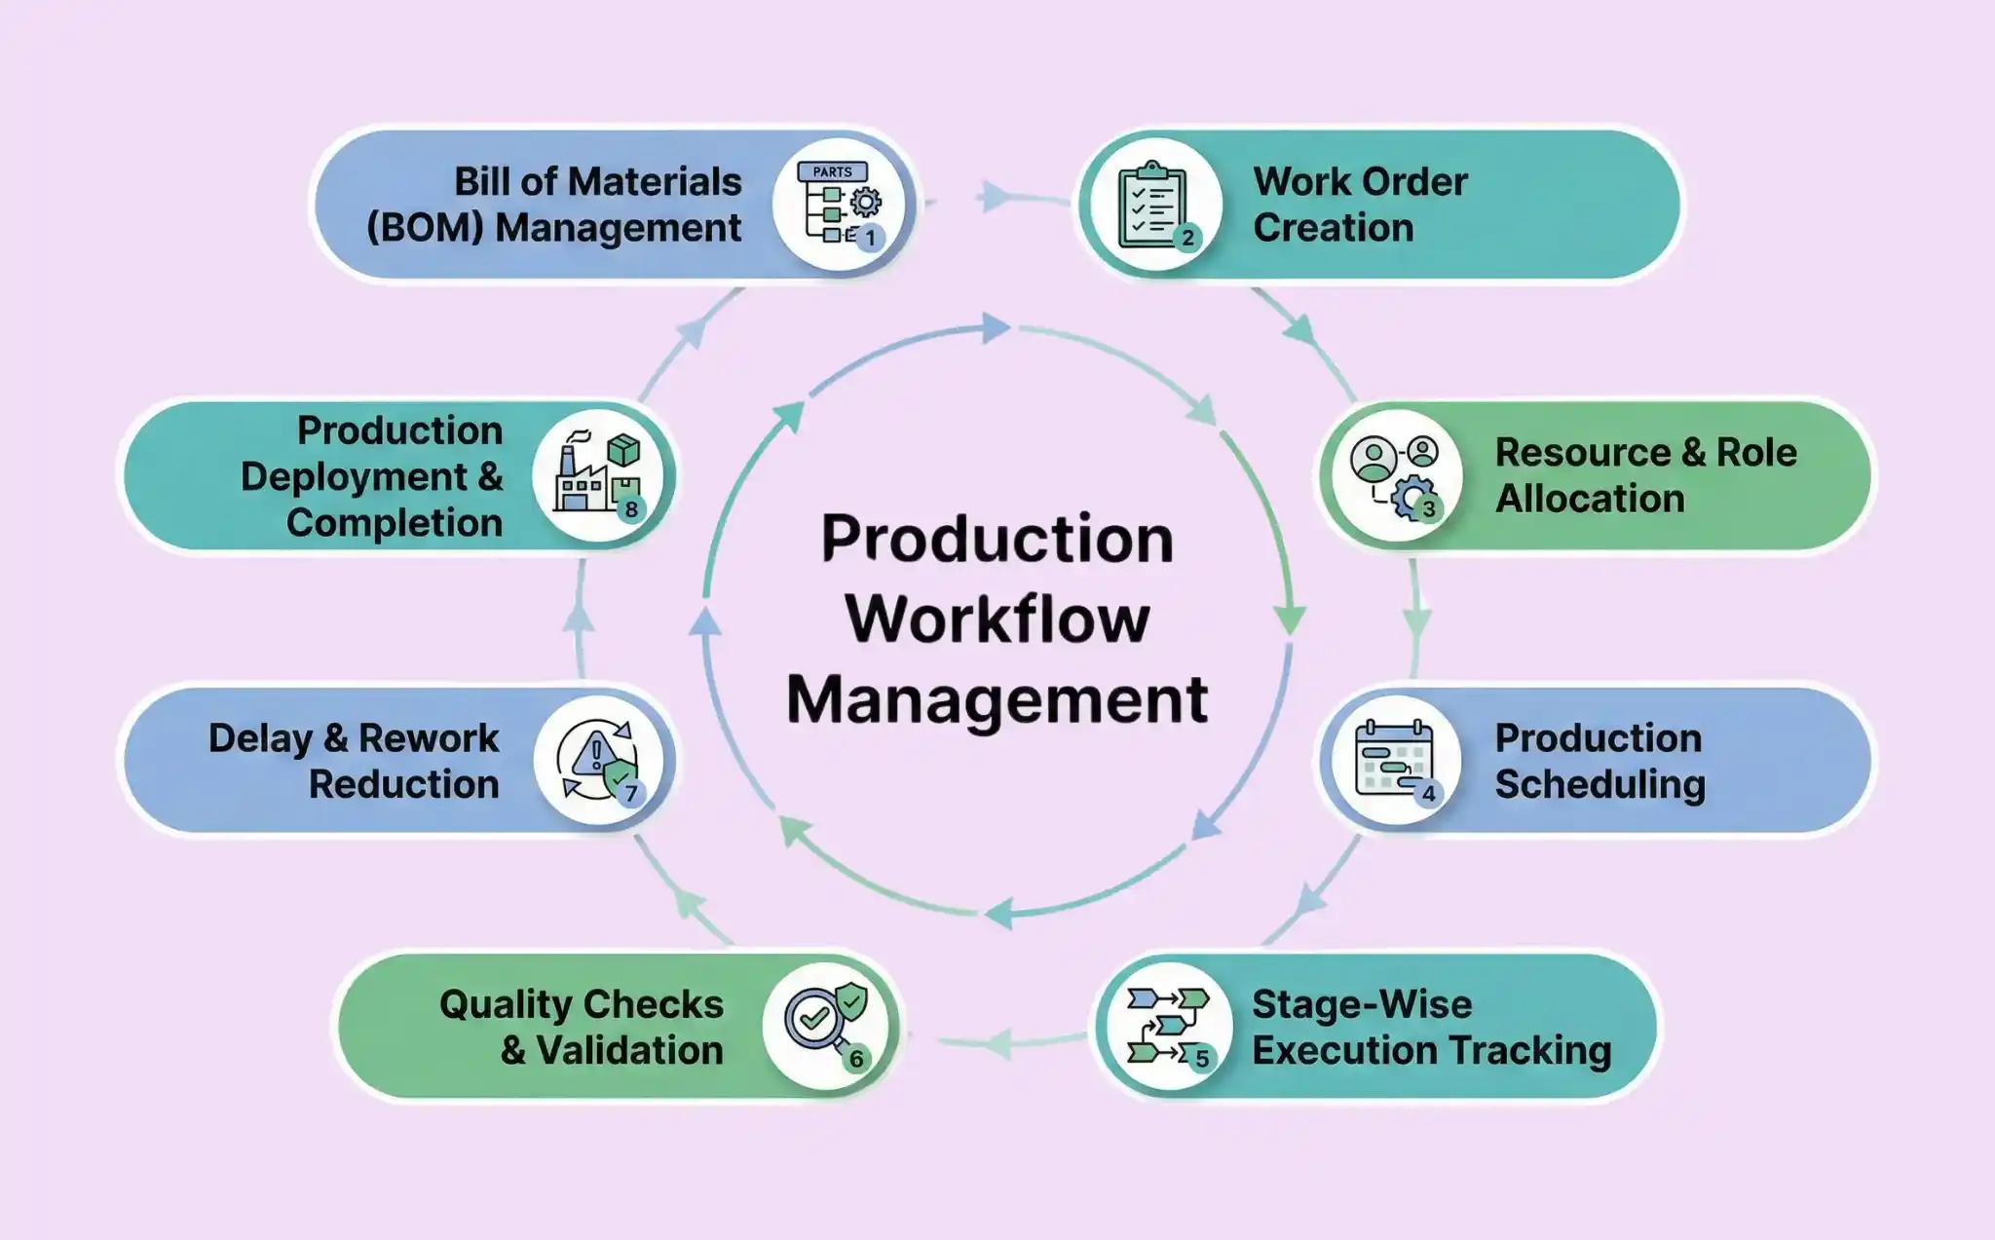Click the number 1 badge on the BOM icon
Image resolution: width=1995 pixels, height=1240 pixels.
coord(870,237)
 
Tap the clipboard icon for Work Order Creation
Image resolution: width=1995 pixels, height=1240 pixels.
coord(1151,206)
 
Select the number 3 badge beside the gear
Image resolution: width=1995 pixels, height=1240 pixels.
coord(1429,508)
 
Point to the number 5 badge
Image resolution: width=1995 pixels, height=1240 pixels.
coord(1202,1058)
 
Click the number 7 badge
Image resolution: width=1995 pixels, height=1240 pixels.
coord(631,794)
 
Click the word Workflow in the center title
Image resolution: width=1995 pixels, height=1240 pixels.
coord(997,619)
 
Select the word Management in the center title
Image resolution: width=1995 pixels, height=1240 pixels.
coord(997,699)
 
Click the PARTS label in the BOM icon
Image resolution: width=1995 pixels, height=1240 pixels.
coord(832,171)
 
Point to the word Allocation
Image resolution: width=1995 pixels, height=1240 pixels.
coord(1590,499)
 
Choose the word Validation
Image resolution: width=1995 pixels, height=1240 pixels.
coord(630,1051)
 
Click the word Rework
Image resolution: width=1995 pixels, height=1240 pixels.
coord(429,738)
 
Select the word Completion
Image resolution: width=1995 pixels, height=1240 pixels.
coord(395,523)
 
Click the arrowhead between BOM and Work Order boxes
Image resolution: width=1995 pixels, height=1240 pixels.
coord(995,197)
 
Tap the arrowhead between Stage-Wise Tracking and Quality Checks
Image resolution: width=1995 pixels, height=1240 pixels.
coord(996,1044)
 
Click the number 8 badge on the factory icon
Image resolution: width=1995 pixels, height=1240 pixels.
coord(631,509)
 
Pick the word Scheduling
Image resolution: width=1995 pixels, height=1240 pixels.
coord(1600,785)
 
